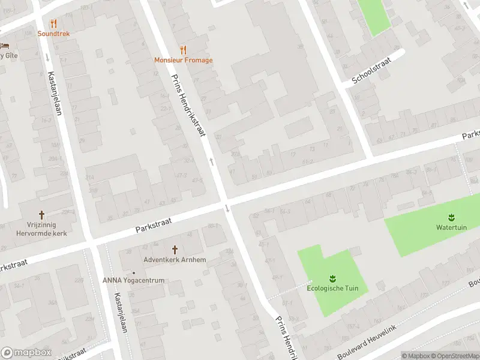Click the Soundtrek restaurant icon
pyautogui.click(x=53, y=23)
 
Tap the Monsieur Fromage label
pyautogui.click(x=183, y=60)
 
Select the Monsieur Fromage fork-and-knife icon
pyautogui.click(x=183, y=50)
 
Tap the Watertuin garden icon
pyautogui.click(x=450, y=217)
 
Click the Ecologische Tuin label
pyautogui.click(x=332, y=288)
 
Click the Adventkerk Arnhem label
pyautogui.click(x=175, y=260)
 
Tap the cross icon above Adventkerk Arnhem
pyautogui.click(x=175, y=249)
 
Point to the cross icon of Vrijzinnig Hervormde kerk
pyautogui.click(x=41, y=214)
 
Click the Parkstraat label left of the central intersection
pyautogui.click(x=154, y=225)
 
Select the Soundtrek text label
pyautogui.click(x=53, y=34)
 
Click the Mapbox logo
pyautogui.click(x=25, y=352)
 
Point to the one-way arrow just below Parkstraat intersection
pyautogui.click(x=227, y=208)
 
